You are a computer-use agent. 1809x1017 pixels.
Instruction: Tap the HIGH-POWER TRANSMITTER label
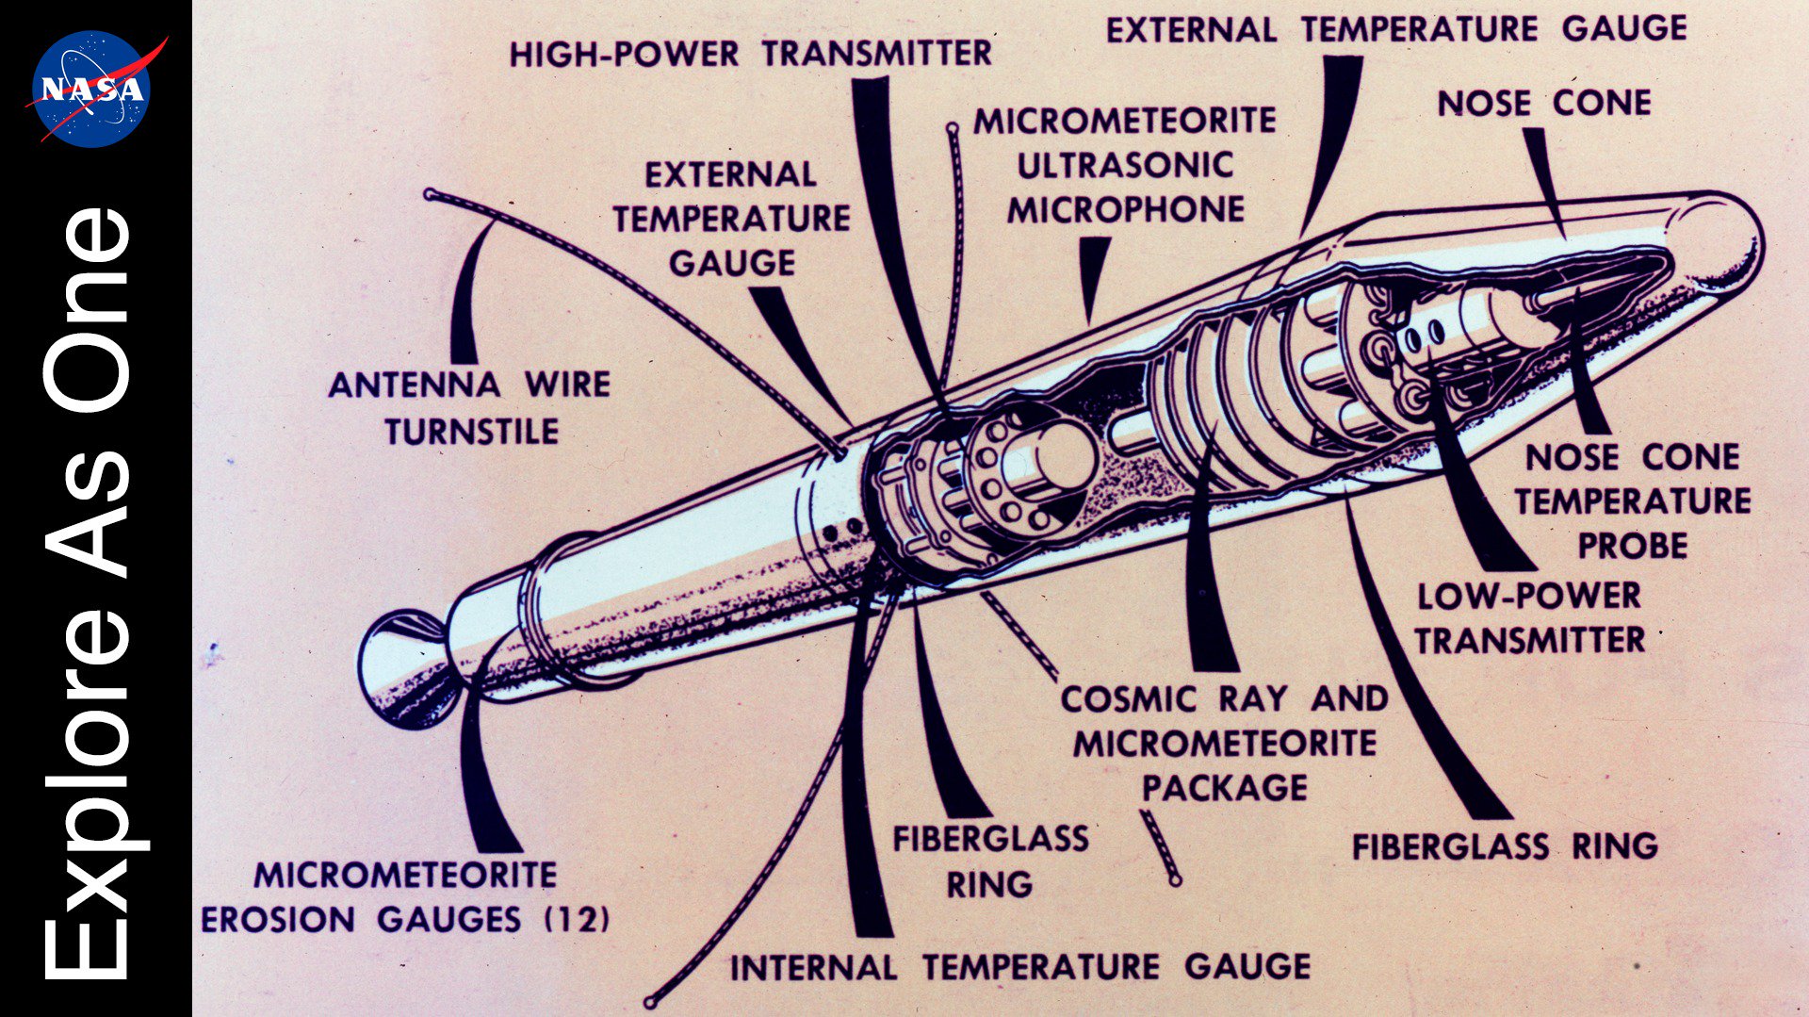(750, 54)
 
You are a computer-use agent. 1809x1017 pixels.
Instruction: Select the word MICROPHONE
(1126, 209)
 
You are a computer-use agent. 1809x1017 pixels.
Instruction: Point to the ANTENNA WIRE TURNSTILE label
(470, 407)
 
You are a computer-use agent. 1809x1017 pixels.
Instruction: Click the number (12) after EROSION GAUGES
(578, 919)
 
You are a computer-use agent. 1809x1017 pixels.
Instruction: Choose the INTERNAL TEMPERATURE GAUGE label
(1020, 967)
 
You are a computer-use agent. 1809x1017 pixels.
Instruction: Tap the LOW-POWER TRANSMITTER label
(1529, 618)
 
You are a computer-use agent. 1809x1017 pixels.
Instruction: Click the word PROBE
(1632, 546)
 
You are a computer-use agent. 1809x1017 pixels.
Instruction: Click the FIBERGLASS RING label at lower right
(1505, 846)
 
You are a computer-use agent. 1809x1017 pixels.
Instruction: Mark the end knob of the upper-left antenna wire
(430, 194)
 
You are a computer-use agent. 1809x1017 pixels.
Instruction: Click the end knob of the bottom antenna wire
(650, 1002)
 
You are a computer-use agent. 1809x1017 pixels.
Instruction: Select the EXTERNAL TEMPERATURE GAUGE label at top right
(1396, 30)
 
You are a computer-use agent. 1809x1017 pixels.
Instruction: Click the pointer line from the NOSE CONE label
(1545, 184)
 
